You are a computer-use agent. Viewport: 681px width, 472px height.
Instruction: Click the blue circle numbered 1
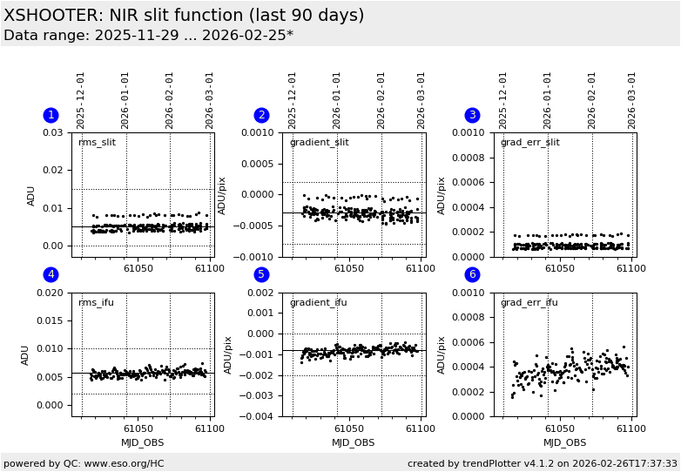tap(51, 115)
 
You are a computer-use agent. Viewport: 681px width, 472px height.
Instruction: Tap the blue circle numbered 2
tap(261, 115)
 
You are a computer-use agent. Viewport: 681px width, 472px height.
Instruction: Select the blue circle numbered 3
tap(472, 115)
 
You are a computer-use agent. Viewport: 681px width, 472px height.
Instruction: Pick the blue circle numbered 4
tap(51, 274)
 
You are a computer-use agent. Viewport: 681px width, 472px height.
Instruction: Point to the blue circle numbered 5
tap(261, 274)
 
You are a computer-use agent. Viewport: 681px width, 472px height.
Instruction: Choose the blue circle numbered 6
tap(472, 274)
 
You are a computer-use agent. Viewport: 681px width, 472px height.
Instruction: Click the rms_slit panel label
tap(97, 143)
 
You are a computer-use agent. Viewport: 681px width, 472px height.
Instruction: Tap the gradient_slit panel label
tap(319, 143)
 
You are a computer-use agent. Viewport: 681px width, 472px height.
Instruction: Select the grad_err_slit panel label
tap(529, 143)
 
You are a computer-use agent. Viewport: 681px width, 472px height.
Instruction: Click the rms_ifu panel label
tap(96, 302)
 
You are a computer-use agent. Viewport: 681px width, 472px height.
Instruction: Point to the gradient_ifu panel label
tap(318, 302)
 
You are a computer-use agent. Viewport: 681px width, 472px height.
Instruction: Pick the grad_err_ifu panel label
tap(529, 302)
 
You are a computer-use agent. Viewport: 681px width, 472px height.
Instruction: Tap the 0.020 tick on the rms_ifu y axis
tap(53, 293)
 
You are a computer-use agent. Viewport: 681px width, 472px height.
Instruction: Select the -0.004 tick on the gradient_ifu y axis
tap(261, 416)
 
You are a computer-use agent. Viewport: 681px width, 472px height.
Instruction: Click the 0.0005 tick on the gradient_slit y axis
tap(259, 164)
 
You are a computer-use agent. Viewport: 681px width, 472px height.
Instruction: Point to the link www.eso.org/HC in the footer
tap(125, 463)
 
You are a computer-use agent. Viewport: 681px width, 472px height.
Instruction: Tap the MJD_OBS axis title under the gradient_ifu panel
tap(353, 442)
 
